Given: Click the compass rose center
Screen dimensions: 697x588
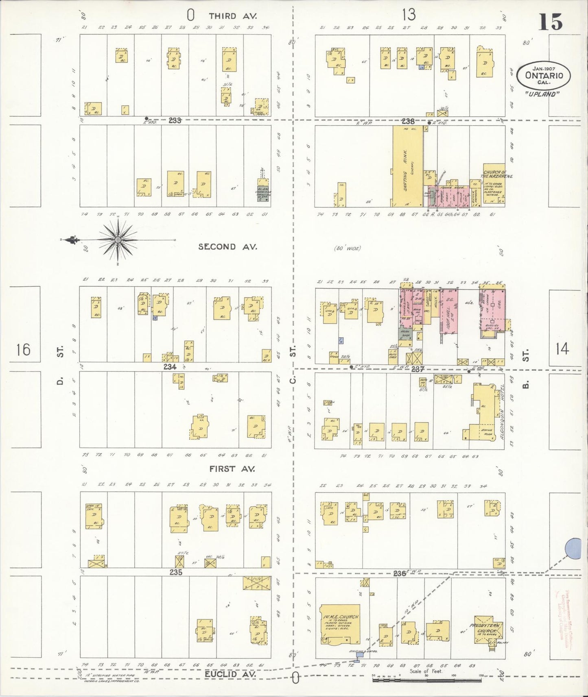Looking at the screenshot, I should tap(118, 240).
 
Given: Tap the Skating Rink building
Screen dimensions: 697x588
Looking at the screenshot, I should tap(407, 167).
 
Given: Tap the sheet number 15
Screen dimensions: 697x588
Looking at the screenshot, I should tap(551, 22).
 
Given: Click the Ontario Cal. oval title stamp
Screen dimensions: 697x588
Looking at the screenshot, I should tap(543, 75).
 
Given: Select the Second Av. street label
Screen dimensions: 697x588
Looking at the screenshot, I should tap(227, 247).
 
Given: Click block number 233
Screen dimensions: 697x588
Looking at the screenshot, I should tap(175, 120).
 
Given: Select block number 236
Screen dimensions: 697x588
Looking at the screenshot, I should tap(400, 573).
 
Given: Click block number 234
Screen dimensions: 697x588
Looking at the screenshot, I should tap(170, 367).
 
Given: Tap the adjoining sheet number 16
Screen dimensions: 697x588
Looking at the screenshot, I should tap(24, 349).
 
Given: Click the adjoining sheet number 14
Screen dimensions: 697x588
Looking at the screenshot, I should tap(562, 349).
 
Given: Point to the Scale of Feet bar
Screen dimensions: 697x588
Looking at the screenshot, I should tap(427, 680).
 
